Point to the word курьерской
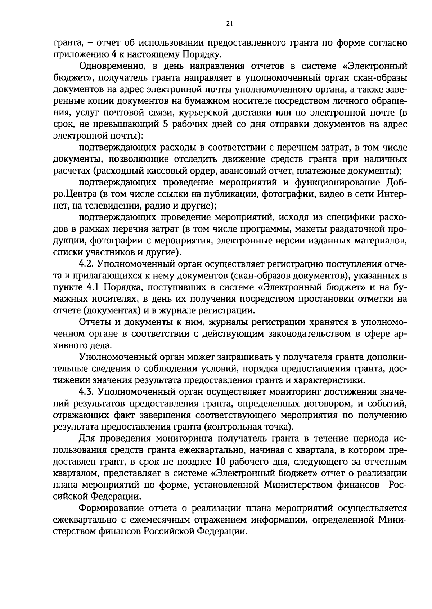pos(210,113)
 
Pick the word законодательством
pos(308,334)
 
